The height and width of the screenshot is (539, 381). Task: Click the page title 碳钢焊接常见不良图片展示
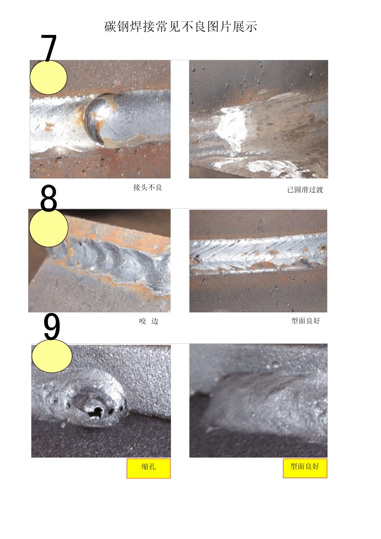coord(180,27)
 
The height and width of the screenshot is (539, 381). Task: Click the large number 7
coord(49,48)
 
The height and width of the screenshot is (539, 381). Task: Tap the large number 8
coord(49,199)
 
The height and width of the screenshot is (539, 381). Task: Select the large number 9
coord(51,327)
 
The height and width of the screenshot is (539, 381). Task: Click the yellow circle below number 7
coord(49,78)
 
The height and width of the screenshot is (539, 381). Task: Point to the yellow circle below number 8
coord(49,228)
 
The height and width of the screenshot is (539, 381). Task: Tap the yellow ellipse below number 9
coord(52,356)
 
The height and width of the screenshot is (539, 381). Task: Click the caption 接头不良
coord(148,187)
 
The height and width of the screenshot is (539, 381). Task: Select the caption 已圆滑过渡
coord(305,190)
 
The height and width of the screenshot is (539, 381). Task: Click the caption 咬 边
coord(148,321)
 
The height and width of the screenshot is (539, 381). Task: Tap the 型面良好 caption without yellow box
coord(305,320)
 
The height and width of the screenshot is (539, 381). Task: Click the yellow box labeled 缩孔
coord(148,468)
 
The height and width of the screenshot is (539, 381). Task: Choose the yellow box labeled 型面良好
coord(305,468)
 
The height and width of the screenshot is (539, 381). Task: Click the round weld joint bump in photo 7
coord(99,118)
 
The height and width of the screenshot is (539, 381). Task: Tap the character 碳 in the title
coord(110,27)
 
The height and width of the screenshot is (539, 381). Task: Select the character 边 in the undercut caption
coord(155,321)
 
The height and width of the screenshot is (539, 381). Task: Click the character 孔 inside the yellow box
coord(152,466)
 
